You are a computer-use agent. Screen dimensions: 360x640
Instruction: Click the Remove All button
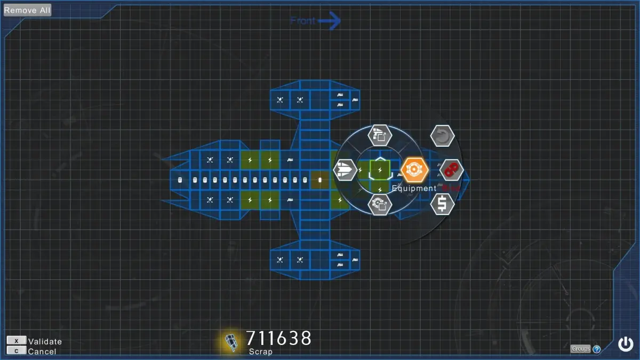[x=28, y=10]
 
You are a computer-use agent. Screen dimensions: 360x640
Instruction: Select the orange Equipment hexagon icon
[x=414, y=170]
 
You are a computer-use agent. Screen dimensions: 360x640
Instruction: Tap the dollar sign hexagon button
[x=442, y=203]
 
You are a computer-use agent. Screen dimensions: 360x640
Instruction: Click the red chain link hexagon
[x=452, y=170]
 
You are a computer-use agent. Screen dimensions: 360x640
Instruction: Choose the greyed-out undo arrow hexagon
[x=442, y=136]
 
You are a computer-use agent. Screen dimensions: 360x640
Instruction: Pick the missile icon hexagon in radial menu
[x=345, y=170]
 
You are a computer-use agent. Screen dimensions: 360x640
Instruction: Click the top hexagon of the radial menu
[x=380, y=134]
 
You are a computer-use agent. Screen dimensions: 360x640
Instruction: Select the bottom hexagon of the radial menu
[x=380, y=204]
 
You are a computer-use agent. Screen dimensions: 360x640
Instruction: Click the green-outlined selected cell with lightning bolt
[x=380, y=170]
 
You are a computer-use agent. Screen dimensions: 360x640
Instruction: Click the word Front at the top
[x=303, y=21]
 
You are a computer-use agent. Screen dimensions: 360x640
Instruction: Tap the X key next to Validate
[x=16, y=341]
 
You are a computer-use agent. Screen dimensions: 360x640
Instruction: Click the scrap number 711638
[x=278, y=338]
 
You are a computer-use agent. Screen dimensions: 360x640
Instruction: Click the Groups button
[x=580, y=349]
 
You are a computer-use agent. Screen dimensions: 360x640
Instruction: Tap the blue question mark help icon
[x=597, y=349]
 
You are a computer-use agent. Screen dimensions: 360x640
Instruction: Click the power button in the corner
[x=625, y=344]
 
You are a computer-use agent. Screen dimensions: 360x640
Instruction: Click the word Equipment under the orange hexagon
[x=414, y=188]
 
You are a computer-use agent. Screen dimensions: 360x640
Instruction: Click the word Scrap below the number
[x=260, y=351]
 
